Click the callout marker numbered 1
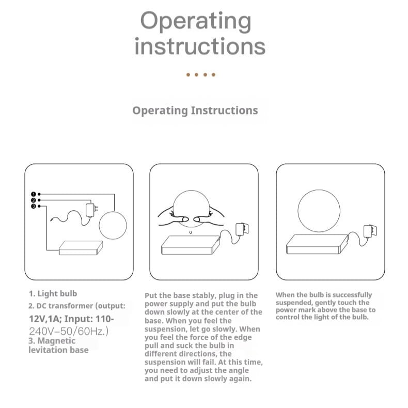33,194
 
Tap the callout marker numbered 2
33,200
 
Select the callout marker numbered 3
33,206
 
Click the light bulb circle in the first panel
113,225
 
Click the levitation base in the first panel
81,247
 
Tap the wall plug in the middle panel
241,229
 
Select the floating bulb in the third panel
319,210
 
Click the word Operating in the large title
196,21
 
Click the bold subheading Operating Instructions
195,111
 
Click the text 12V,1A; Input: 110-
71,319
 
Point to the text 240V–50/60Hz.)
68,331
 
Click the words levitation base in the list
58,350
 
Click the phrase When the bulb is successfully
324,295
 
